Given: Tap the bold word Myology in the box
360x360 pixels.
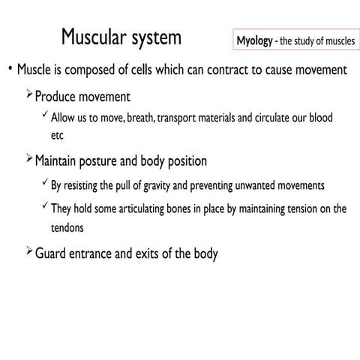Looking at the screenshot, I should tap(254, 40).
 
